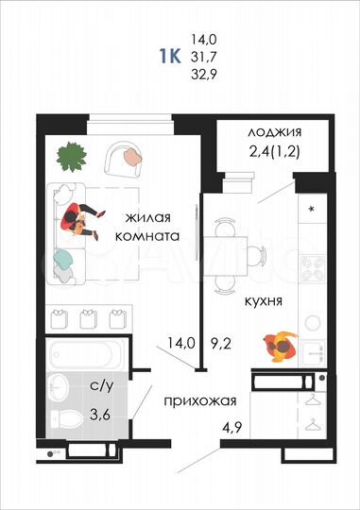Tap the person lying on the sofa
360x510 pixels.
(80, 220)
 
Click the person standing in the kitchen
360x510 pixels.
(280, 346)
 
